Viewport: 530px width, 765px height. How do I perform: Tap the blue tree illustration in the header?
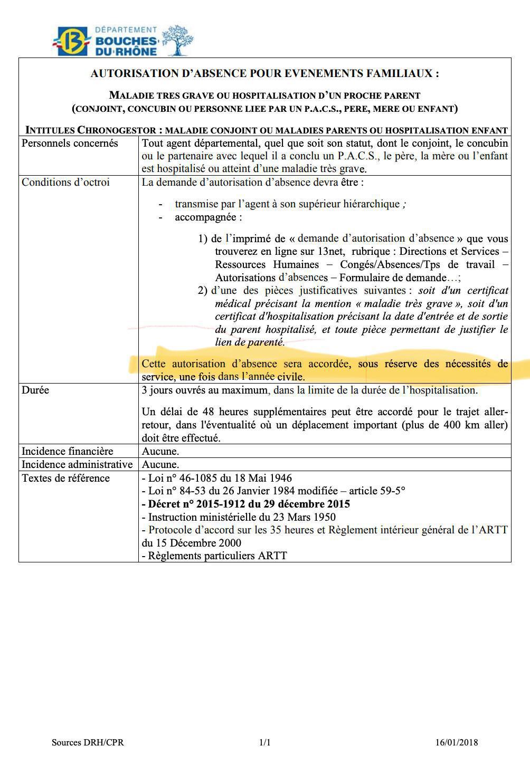177,40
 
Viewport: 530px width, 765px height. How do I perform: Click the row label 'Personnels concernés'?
70,144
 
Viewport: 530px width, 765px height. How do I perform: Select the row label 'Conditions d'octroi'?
65,183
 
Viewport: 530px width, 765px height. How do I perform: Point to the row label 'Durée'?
35,390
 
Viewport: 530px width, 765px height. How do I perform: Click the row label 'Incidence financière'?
67,451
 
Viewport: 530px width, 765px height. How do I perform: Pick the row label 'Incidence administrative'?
77,464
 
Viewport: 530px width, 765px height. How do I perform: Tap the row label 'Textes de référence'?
65,478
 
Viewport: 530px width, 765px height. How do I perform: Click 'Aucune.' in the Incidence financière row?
160,451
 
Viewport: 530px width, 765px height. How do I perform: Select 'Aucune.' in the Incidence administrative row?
160,464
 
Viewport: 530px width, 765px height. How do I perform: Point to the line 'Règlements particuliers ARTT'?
214,556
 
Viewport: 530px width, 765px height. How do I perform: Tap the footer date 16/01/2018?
456,742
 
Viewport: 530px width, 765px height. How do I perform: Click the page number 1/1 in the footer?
264,742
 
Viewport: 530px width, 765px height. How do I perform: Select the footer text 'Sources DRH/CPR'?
88,742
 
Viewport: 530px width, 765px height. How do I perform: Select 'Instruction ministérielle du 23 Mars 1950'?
239,517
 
